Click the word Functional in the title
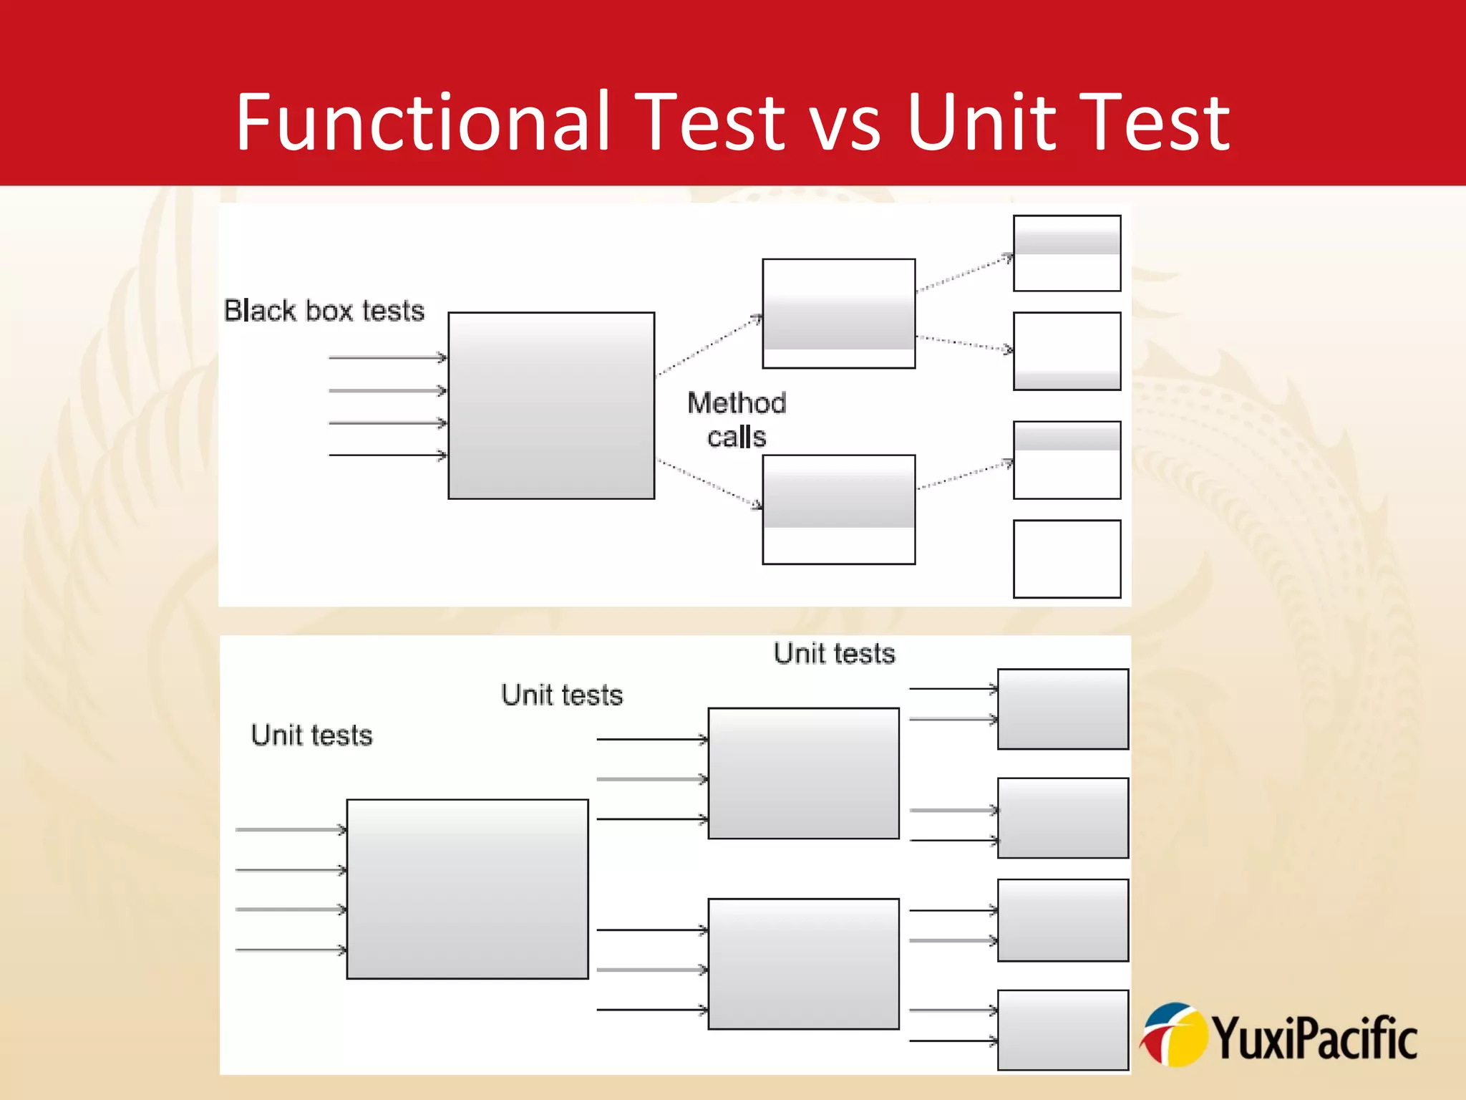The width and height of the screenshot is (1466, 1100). [x=423, y=122]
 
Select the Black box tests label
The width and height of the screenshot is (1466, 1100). [x=324, y=311]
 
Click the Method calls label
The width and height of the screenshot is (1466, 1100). [x=737, y=420]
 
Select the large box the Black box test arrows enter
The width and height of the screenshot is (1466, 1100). [x=551, y=405]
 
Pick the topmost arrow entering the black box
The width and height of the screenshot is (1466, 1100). [x=387, y=357]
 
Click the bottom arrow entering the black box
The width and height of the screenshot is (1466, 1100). [x=387, y=455]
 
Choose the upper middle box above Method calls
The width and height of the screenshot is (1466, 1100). [x=838, y=314]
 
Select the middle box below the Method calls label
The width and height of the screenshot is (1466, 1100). [x=838, y=509]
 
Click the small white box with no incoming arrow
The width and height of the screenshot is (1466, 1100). [x=1067, y=559]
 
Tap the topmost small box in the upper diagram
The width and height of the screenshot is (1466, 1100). [x=1067, y=254]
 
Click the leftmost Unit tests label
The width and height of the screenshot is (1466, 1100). [x=311, y=735]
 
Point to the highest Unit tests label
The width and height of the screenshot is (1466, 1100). [x=834, y=654]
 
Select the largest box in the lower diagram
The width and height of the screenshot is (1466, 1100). [x=467, y=889]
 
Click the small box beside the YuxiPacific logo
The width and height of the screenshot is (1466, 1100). [x=1062, y=1030]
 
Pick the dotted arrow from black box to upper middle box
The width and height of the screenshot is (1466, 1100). [x=709, y=344]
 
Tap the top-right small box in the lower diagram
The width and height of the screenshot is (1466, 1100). [x=1062, y=709]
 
